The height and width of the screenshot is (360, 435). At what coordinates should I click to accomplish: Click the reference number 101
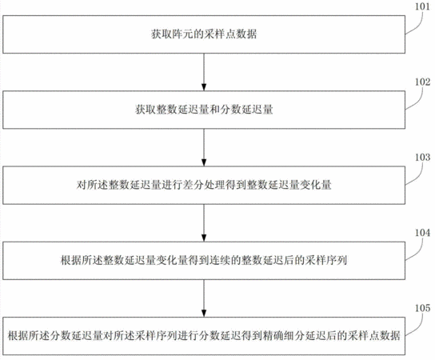point(422,6)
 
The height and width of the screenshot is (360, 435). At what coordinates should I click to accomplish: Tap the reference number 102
point(422,82)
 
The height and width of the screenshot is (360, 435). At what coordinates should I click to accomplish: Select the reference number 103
point(422,158)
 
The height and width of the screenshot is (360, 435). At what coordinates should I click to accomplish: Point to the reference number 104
point(422,233)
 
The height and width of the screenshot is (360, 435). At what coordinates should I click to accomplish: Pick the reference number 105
point(422,308)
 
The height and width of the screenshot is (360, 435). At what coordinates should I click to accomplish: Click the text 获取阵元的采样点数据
point(204,34)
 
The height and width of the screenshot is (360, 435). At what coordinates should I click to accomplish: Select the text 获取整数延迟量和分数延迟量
point(204,110)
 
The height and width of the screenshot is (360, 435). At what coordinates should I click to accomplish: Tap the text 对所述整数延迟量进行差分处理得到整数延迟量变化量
point(204,185)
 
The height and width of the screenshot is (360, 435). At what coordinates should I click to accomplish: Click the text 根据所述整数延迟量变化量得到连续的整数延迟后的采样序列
point(204,260)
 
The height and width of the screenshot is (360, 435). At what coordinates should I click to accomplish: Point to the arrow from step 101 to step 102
point(204,72)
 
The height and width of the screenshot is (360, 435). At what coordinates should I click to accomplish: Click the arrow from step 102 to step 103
point(204,147)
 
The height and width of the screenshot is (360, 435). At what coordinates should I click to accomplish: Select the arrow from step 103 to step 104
point(204,223)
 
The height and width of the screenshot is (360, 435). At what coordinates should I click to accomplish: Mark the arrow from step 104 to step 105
point(204,298)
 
